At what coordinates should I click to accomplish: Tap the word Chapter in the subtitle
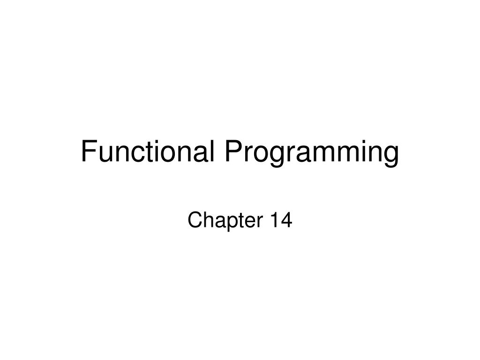click(x=225, y=221)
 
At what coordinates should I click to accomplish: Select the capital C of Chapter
click(x=194, y=220)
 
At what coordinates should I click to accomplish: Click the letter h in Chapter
click(x=206, y=220)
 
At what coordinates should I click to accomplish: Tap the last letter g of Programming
click(x=391, y=157)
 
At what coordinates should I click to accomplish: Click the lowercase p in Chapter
click(x=227, y=223)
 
